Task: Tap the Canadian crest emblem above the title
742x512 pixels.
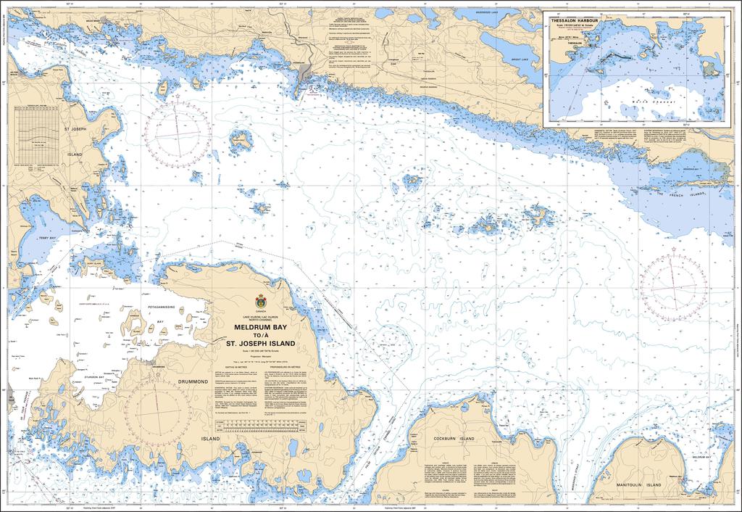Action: tap(261, 301)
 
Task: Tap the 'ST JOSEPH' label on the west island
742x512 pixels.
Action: tap(75, 129)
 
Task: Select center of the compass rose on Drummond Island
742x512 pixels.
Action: tap(157, 410)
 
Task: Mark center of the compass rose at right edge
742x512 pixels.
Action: tap(674, 288)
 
